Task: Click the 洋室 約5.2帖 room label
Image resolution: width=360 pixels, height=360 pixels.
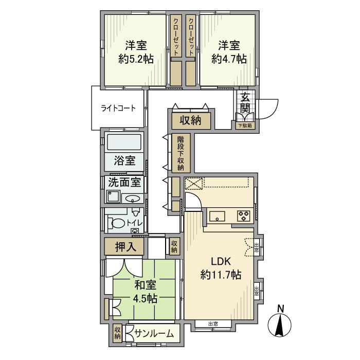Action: point(136,51)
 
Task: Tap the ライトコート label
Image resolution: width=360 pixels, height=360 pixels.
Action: point(118,108)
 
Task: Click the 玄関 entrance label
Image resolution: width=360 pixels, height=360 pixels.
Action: point(245,102)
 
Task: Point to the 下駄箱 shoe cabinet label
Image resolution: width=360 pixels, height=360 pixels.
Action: point(245,125)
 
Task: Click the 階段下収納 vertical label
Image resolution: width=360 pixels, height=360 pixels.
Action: point(181,153)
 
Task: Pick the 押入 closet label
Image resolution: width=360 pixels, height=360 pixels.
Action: point(125,247)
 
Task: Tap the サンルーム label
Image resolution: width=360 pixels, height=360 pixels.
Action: point(153,334)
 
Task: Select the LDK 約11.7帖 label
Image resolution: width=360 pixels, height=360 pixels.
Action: point(220,268)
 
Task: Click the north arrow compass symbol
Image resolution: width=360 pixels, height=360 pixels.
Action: point(281,324)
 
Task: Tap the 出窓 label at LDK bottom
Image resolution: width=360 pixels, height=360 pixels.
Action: point(213,323)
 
